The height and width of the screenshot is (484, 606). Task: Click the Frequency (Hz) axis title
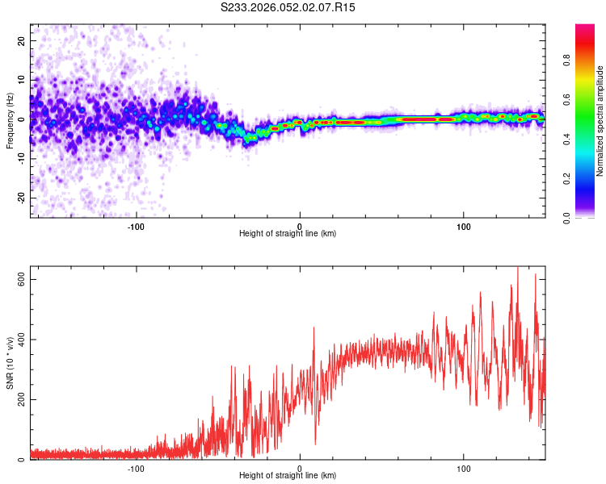pos(11,121)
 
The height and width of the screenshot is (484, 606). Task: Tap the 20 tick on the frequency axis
pos(23,40)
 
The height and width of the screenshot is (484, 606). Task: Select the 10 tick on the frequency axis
pos(23,80)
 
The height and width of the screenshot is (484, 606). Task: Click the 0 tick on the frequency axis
pos(23,119)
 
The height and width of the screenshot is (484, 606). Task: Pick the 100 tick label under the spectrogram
pos(464,225)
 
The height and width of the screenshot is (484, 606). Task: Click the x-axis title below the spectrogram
pos(288,234)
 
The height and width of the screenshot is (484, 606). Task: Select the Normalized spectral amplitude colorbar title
pos(600,121)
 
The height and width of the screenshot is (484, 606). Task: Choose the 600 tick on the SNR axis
pos(23,279)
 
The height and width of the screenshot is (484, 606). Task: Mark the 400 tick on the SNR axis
pos(23,340)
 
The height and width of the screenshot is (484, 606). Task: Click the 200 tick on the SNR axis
pos(23,400)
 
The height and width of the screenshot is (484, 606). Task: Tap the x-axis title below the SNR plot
pos(288,476)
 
